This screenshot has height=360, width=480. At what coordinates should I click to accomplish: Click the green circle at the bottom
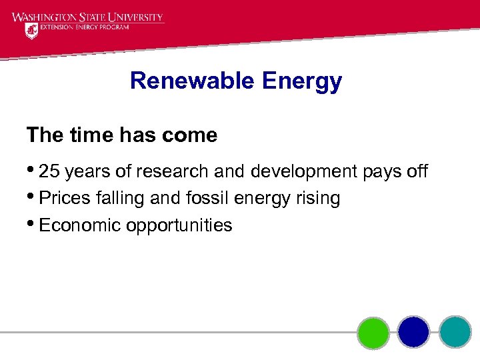tap(373, 332)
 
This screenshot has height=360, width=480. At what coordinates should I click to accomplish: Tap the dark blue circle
tap(414, 332)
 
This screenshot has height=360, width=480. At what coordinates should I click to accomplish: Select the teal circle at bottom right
tap(455, 332)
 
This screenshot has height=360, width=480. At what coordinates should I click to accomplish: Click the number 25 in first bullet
tap(49, 171)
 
